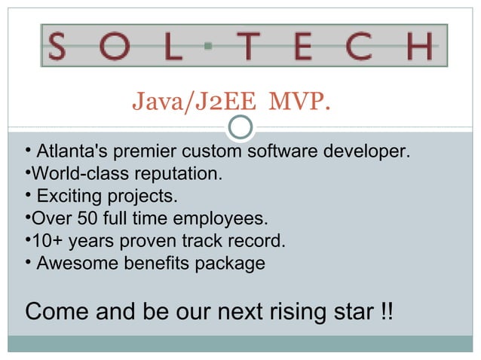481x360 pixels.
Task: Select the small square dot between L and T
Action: point(208,46)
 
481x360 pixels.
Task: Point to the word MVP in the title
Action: point(299,100)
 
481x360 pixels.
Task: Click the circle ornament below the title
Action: point(240,127)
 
